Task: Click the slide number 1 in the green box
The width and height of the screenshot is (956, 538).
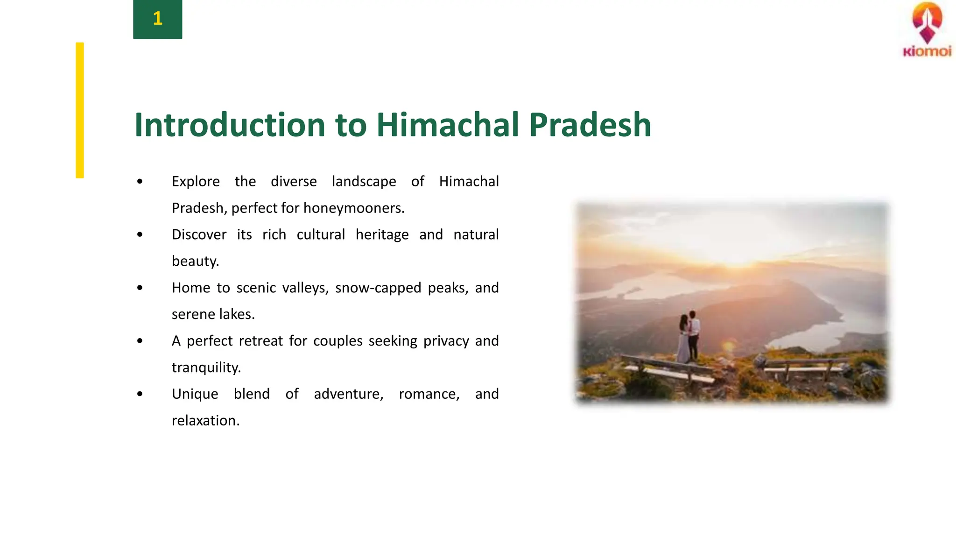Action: [x=157, y=19]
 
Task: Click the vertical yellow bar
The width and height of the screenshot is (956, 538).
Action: [x=80, y=110]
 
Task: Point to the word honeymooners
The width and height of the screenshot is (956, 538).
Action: [x=353, y=208]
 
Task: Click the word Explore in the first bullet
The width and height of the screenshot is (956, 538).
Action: [x=196, y=181]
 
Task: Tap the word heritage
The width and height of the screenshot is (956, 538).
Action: [x=382, y=234]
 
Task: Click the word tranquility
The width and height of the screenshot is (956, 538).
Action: [x=206, y=368]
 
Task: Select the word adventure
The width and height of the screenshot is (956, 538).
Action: [x=348, y=394]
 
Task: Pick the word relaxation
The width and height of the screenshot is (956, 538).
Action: [x=205, y=421]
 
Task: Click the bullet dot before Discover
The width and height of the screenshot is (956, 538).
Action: [x=140, y=234]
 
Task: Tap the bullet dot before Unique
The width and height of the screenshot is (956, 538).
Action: [x=140, y=394]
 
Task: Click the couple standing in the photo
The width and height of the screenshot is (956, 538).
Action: [x=689, y=336]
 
